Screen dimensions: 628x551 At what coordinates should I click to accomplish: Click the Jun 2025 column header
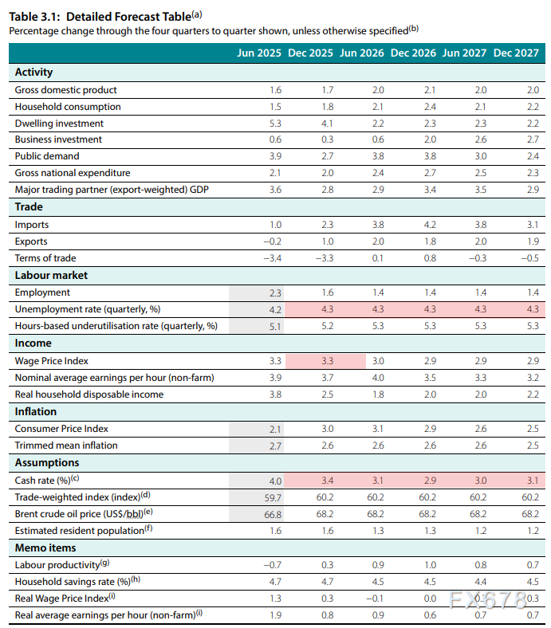[x=258, y=53]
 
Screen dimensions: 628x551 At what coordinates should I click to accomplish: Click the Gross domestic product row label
[x=65, y=90]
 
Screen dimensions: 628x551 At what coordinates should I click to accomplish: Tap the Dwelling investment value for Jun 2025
[x=276, y=124]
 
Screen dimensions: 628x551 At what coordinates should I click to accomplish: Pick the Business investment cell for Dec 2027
[x=533, y=139]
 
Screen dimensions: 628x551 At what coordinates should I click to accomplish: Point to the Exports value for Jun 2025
[x=273, y=241]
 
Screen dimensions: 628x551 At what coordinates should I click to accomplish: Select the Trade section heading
[x=29, y=207]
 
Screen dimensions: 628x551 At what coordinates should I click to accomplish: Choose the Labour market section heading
[x=51, y=275]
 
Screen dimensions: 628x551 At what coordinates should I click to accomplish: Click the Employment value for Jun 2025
[x=276, y=292]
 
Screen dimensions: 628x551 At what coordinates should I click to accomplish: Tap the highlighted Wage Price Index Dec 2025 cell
[x=327, y=360]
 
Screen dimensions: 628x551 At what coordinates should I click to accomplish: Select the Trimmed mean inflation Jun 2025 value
[x=276, y=445]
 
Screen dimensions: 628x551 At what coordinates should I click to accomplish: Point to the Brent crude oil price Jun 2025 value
[x=274, y=514]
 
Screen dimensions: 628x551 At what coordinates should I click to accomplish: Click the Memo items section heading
[x=45, y=548]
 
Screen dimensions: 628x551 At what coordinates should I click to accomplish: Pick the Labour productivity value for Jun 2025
[x=273, y=565]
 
